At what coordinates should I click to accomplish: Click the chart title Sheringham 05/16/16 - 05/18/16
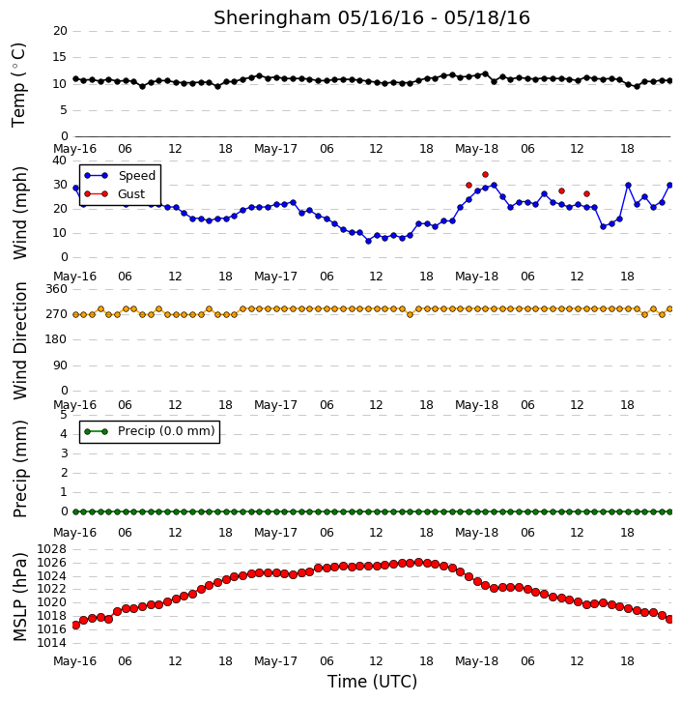[x=372, y=17]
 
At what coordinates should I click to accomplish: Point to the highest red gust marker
[x=486, y=175]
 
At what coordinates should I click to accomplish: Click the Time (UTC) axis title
[x=372, y=682]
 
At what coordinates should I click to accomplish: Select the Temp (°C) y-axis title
[x=18, y=85]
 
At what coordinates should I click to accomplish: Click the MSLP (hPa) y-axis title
[x=20, y=598]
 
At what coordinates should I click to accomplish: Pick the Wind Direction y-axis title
[x=20, y=340]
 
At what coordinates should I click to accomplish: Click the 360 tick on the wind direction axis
[x=57, y=289]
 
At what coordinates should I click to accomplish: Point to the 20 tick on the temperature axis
[x=60, y=31]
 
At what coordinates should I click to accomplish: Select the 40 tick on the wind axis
[x=60, y=161]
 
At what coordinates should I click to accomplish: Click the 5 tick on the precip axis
[x=64, y=415]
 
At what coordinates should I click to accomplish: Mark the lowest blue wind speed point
[x=368, y=241]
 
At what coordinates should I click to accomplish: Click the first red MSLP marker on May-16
[x=75, y=625]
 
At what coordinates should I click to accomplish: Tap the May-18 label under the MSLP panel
[x=476, y=661]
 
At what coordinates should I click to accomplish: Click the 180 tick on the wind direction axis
[x=57, y=339]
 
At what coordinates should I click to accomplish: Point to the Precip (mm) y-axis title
[x=20, y=469]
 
